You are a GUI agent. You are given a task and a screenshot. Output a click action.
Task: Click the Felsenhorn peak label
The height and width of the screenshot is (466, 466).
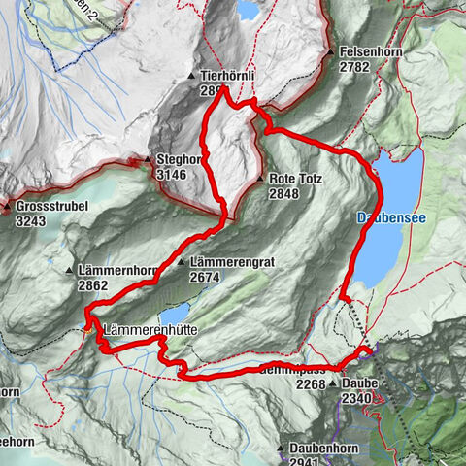[x=370, y=51]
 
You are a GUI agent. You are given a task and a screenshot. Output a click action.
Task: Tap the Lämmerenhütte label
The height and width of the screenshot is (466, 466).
[x=149, y=330]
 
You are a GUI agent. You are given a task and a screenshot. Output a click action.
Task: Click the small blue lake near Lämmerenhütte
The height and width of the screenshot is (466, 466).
[x=175, y=314]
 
